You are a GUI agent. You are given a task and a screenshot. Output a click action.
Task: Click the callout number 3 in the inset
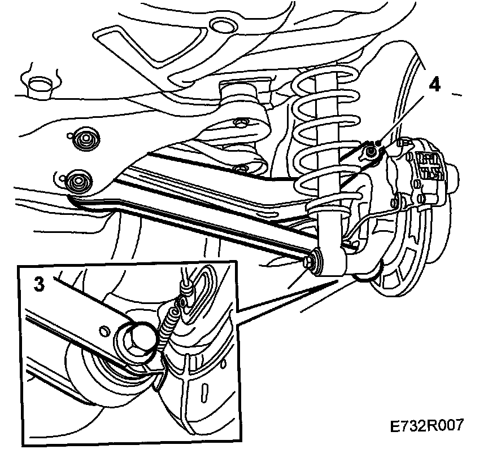click(38, 284)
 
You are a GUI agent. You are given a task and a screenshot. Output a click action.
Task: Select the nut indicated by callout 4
click(372, 151)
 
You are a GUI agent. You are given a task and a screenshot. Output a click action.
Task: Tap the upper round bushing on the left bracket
click(85, 138)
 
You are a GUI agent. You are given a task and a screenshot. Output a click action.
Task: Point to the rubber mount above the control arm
click(238, 93)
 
